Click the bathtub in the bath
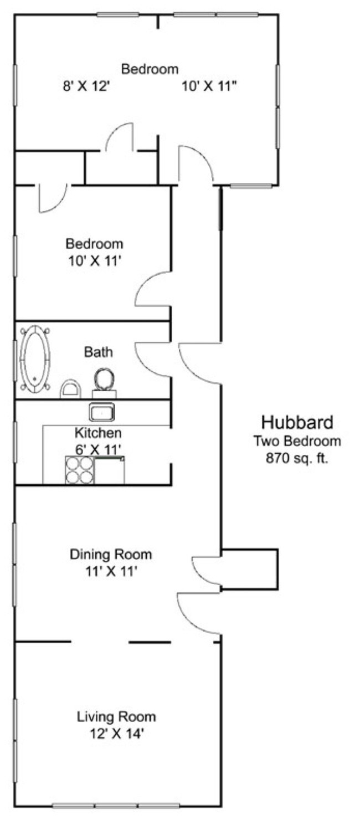pyautogui.click(x=35, y=358)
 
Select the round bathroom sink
pyautogui.click(x=104, y=380)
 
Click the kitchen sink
pyautogui.click(x=102, y=413)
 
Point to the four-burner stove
pyautogui.click(x=80, y=470)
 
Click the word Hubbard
pyautogui.click(x=297, y=423)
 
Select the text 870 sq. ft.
pyautogui.click(x=297, y=458)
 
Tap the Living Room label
pyautogui.click(x=116, y=716)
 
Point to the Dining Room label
pyautogui.click(x=111, y=554)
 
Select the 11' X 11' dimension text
pyautogui.click(x=111, y=571)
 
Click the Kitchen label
pyautogui.click(x=98, y=433)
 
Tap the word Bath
pyautogui.click(x=98, y=351)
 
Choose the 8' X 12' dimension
pyautogui.click(x=88, y=86)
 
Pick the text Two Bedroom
pyautogui.click(x=297, y=442)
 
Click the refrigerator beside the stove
pyautogui.click(x=110, y=470)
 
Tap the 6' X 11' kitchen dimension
pyautogui.click(x=98, y=449)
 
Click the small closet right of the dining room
pyautogui.click(x=249, y=569)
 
